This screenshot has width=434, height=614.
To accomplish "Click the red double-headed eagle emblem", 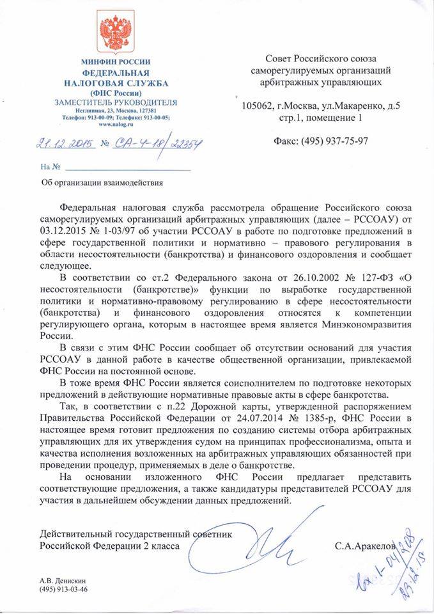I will [x=116, y=34].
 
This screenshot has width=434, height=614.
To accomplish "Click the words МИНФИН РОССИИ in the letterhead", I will [x=116, y=61].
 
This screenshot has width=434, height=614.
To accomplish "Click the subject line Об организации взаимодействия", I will [x=101, y=182].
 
